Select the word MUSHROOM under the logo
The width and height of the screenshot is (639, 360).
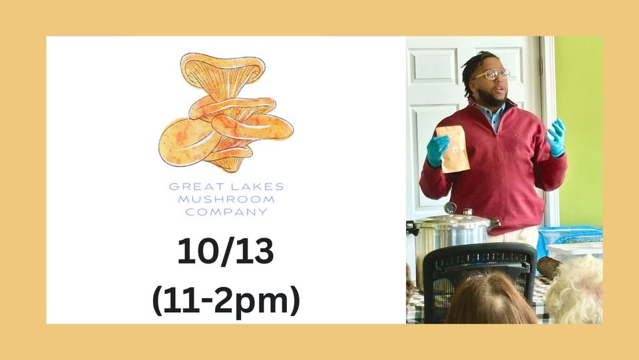(226, 199)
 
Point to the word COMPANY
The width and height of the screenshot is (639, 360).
(226, 212)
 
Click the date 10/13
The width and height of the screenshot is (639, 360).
(226, 251)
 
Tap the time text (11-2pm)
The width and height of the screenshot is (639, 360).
(226, 301)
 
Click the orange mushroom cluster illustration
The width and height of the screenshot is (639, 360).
(226, 112)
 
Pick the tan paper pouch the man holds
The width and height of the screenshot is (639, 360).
(453, 148)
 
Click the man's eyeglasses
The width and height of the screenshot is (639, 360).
(492, 75)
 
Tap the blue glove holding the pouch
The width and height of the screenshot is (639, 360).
(438, 150)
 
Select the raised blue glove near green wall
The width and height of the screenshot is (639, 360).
(555, 137)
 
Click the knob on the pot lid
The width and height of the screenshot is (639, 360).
(451, 208)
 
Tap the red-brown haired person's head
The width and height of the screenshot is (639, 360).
(490, 297)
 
